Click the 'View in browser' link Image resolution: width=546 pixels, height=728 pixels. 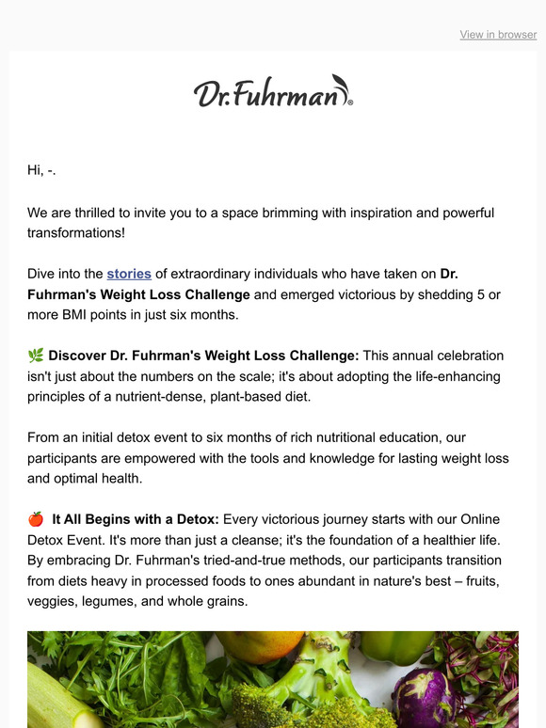pos(498,35)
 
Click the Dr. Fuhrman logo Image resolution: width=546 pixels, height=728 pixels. pos(273,93)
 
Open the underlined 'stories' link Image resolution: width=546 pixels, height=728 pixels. pos(129,275)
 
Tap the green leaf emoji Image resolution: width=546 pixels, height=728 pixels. pos(36,356)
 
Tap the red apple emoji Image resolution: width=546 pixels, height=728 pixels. pos(36,519)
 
